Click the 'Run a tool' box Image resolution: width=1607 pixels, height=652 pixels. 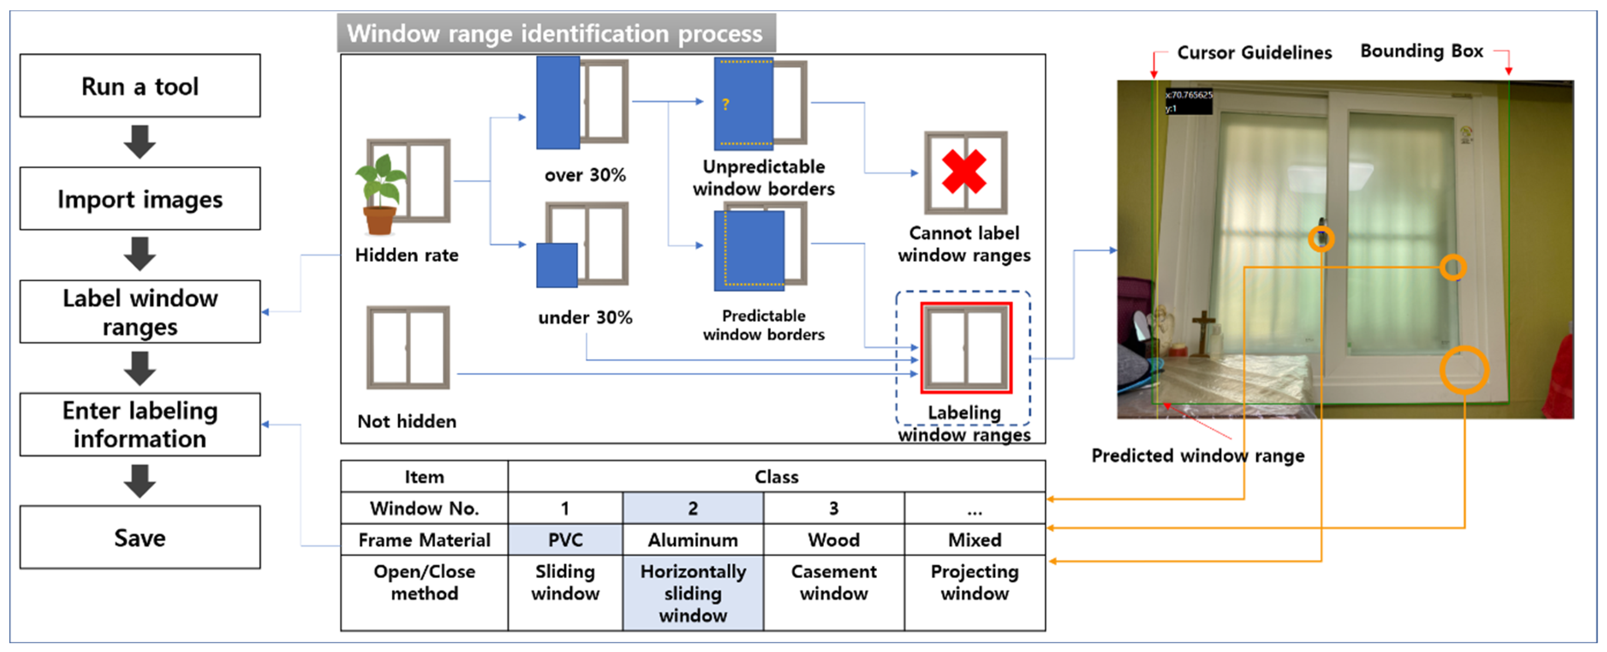(140, 86)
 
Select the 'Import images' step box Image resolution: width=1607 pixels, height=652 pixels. (140, 198)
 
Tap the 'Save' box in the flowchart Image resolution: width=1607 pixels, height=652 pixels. (140, 537)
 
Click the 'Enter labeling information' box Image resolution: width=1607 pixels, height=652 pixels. (140, 424)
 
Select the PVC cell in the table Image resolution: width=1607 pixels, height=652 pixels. (565, 540)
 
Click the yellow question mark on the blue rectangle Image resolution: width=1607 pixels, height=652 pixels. (725, 104)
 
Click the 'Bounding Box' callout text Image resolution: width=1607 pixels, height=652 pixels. (1421, 51)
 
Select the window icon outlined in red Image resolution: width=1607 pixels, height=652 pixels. (966, 348)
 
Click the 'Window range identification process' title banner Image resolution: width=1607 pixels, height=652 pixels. (556, 33)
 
